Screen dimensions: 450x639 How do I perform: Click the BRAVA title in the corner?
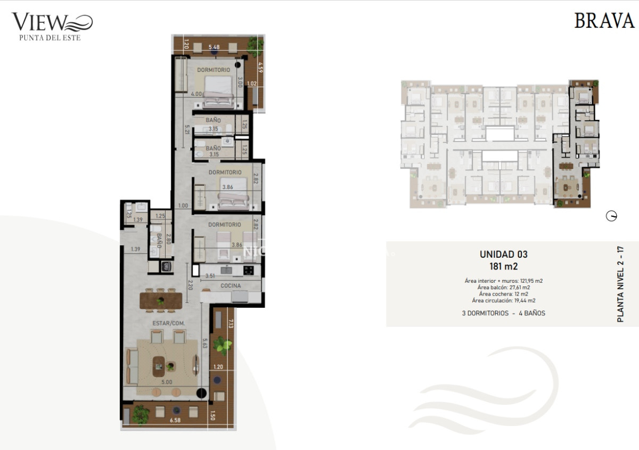click(604, 21)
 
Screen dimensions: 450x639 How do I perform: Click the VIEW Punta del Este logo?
click(52, 26)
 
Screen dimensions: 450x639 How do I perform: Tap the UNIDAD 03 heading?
click(503, 255)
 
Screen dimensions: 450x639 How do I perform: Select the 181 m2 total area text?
click(503, 266)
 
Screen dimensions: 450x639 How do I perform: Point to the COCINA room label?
click(231, 286)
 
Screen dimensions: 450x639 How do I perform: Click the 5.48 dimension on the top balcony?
click(214, 47)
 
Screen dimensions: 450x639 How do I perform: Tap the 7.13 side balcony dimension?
click(231, 324)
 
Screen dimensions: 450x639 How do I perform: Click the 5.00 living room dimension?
click(167, 382)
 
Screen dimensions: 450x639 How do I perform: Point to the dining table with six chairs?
click(161, 300)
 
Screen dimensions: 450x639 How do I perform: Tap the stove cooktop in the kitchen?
click(249, 270)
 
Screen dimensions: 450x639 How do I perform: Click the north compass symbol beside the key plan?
click(611, 216)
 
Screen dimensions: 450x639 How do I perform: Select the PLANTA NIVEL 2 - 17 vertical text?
click(620, 284)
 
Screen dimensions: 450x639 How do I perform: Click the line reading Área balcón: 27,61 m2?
click(503, 287)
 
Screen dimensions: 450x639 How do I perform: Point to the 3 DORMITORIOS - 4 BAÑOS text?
click(503, 313)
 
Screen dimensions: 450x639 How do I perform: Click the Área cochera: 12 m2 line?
click(503, 294)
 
